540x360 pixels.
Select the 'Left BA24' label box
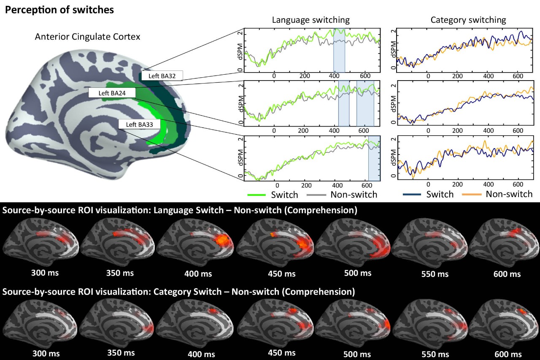[x=109, y=93]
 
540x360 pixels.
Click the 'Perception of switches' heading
[x=59, y=10]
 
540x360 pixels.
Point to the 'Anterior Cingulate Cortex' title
[x=88, y=37]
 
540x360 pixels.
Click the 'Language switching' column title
[x=310, y=20]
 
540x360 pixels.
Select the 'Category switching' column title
[x=468, y=20]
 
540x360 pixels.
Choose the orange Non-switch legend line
[x=472, y=195]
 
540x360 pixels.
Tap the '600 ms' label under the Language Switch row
[x=507, y=274]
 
